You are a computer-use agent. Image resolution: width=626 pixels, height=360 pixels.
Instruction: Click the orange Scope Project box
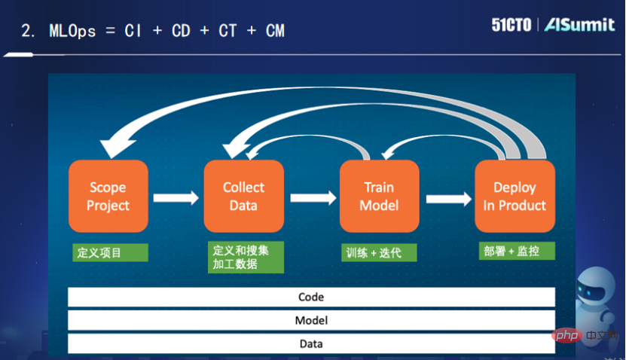108,197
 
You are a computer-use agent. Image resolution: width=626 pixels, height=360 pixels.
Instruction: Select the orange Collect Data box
243,197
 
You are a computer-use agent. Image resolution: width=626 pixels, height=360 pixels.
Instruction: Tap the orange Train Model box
379,197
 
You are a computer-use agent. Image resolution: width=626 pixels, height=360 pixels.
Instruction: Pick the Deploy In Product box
515,197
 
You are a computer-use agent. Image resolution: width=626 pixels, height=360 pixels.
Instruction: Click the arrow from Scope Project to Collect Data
176,199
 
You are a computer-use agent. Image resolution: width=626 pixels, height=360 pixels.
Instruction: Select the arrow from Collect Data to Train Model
312,199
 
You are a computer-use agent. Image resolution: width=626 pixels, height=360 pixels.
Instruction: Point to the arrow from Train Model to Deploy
447,199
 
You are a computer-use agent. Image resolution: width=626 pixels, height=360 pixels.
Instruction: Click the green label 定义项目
99,252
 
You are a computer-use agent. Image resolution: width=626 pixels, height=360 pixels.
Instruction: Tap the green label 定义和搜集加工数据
246,257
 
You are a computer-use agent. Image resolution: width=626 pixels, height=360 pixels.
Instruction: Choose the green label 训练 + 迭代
378,252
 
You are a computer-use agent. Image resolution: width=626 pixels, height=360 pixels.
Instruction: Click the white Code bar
311,297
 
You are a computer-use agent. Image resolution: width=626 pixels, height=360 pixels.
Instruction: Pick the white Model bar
311,320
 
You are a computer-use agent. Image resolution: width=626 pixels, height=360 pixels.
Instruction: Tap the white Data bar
311,343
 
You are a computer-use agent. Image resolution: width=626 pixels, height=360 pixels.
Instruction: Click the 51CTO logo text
513,25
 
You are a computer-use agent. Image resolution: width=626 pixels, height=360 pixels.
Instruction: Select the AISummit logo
579,25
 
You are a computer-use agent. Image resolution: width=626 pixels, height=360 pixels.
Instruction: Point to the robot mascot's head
600,291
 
